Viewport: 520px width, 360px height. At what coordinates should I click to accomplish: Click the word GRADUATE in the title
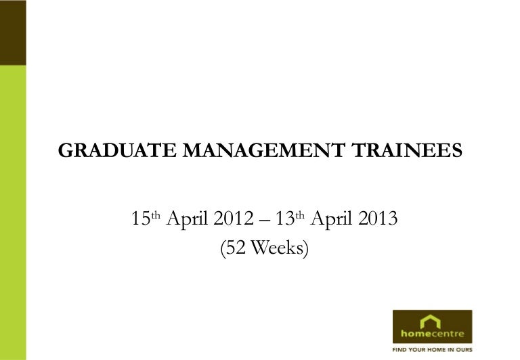pyautogui.click(x=117, y=150)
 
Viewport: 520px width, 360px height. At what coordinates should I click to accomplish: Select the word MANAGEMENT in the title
pyautogui.click(x=264, y=150)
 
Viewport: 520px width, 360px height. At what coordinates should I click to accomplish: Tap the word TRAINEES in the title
pyautogui.click(x=407, y=150)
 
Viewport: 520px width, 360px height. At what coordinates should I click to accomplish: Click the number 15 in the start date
pyautogui.click(x=142, y=219)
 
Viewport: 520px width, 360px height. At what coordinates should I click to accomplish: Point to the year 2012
pyautogui.click(x=234, y=219)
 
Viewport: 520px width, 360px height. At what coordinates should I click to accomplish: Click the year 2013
pyautogui.click(x=378, y=219)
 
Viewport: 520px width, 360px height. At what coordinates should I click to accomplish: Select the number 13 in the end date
pyautogui.click(x=285, y=219)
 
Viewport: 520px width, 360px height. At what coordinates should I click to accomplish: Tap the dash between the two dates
pyautogui.click(x=265, y=220)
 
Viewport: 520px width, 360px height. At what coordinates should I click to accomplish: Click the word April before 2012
pyautogui.click(x=188, y=220)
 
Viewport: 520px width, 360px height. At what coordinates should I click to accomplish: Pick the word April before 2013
pyautogui.click(x=332, y=220)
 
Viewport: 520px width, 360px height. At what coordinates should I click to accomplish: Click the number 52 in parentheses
pyautogui.click(x=236, y=248)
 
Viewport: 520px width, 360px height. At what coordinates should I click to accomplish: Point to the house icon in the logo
pyautogui.click(x=430, y=321)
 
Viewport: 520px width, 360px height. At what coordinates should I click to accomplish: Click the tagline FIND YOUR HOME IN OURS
pyautogui.click(x=432, y=350)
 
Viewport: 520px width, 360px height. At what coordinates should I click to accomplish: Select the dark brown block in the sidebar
pyautogui.click(x=13, y=32)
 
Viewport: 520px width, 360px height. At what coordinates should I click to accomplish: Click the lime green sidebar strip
pyautogui.click(x=13, y=212)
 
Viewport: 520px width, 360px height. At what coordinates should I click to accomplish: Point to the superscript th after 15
pyautogui.click(x=156, y=215)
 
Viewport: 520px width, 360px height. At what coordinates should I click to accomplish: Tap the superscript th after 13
pyautogui.click(x=300, y=215)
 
